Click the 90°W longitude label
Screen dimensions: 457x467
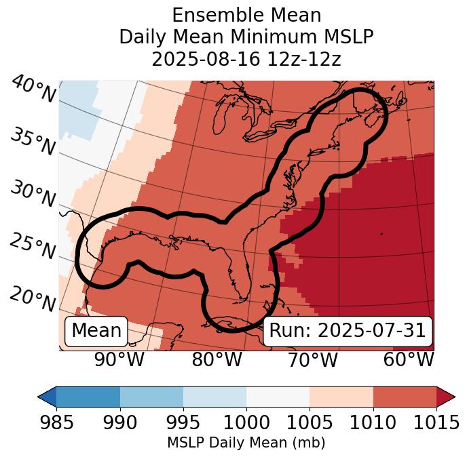119,359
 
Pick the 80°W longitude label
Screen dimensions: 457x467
217,359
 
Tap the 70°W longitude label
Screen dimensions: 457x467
312,359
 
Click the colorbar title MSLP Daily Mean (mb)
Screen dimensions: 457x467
246,443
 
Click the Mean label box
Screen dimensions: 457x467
96,331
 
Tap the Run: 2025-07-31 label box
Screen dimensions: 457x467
348,331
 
